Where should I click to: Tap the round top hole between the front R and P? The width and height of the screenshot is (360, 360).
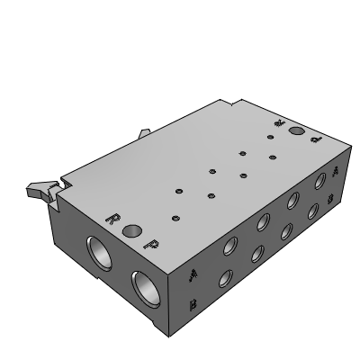133,231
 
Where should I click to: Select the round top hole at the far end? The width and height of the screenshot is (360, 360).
297,132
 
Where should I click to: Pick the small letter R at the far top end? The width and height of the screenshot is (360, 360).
280,121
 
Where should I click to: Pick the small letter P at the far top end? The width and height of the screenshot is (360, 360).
314,140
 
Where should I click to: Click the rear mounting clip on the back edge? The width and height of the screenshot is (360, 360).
143,135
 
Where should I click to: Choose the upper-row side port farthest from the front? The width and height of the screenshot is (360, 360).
319,183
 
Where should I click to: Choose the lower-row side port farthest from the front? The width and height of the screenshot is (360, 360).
314,211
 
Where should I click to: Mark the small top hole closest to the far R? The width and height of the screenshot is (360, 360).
270,138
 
